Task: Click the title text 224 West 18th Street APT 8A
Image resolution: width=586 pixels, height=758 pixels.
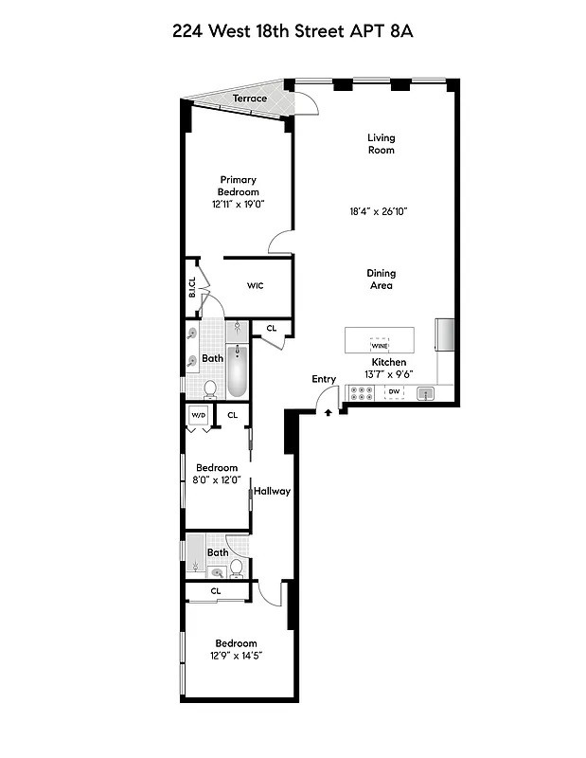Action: point(293,31)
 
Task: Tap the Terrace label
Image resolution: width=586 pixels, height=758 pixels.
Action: point(250,99)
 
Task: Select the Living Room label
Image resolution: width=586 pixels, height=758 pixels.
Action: point(381,144)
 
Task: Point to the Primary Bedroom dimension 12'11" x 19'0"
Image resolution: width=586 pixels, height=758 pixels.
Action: point(238,204)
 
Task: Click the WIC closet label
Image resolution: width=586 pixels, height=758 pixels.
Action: point(256,285)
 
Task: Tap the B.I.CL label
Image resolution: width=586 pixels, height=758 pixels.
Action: point(192,286)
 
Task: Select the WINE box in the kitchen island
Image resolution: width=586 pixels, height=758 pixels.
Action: point(380,346)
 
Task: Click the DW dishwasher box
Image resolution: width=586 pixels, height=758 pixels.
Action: point(395,390)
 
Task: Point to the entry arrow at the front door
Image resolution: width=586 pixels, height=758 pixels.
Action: point(329,411)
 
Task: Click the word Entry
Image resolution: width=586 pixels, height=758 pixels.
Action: point(324,380)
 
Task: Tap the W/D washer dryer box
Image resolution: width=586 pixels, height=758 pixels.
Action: point(198,415)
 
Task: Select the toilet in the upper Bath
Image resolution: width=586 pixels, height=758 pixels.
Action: point(210,388)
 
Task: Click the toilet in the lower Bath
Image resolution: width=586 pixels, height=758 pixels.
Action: point(237,568)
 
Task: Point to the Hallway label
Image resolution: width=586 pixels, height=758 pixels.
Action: point(272,491)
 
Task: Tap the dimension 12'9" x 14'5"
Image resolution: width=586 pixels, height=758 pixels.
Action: point(236,656)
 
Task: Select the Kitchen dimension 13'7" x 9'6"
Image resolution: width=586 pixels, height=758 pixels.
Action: point(389,374)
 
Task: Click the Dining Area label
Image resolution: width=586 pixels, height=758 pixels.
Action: point(381,280)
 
